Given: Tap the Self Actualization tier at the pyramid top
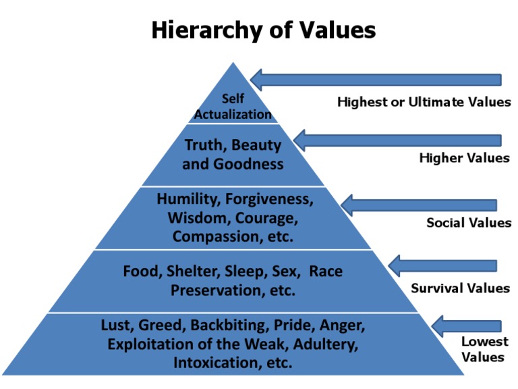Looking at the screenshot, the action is pyautogui.click(x=233, y=107).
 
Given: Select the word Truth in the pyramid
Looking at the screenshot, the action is pyautogui.click(x=203, y=145).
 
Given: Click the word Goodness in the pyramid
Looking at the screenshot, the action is pyautogui.click(x=249, y=164).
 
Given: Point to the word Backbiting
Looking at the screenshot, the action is pyautogui.click(x=226, y=326).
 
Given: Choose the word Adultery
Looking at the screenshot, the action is pyautogui.click(x=328, y=344).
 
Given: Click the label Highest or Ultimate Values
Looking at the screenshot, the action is pyautogui.click(x=424, y=103).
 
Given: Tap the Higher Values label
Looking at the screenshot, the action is pyautogui.click(x=464, y=158).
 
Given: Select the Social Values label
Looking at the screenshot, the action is pyautogui.click(x=468, y=222).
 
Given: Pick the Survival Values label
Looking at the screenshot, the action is pyautogui.click(x=460, y=288).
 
